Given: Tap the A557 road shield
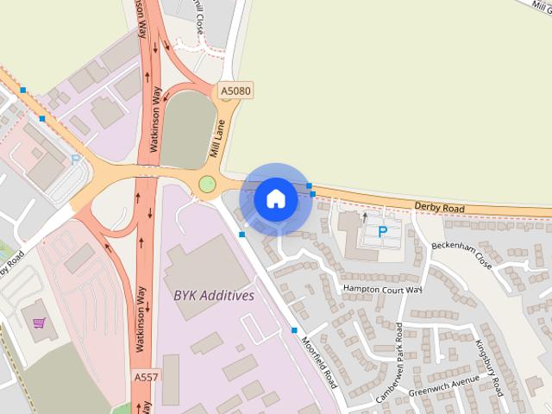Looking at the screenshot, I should pyautogui.click(x=147, y=377).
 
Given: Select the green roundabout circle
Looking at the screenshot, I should pyautogui.click(x=207, y=183).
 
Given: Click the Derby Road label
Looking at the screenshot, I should pyautogui.click(x=439, y=208).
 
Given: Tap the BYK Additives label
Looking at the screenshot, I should pyautogui.click(x=214, y=295).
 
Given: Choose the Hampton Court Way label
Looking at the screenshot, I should pyautogui.click(x=382, y=289).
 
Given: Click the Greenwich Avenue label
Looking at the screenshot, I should pyautogui.click(x=443, y=380).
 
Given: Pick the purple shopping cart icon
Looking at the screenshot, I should pyautogui.click(x=39, y=323).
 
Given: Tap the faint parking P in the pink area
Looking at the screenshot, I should pyautogui.click(x=75, y=159).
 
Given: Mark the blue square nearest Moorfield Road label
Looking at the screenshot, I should pyautogui.click(x=295, y=330).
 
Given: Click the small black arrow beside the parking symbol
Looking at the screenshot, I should pyautogui.click(x=364, y=216).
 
